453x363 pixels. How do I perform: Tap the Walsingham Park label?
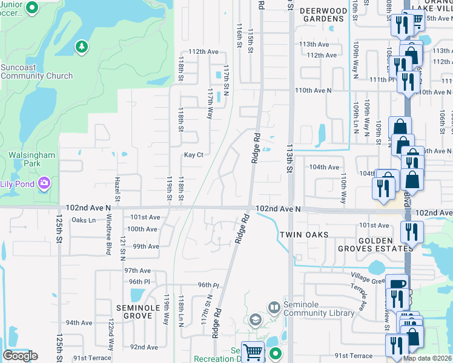pyautogui.click(x=32, y=160)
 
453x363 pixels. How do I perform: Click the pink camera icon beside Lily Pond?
pyautogui.click(x=44, y=183)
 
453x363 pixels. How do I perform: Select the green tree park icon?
pyautogui.click(x=81, y=47)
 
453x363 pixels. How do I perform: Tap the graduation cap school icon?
pyautogui.click(x=255, y=320)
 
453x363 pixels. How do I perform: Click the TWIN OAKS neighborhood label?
pyautogui.click(x=304, y=235)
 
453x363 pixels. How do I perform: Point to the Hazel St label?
pyautogui.click(x=117, y=189)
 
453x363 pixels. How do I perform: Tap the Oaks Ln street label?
pyautogui.click(x=84, y=220)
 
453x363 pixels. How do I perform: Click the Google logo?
pyautogui.click(x=20, y=356)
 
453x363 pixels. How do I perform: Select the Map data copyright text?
pyautogui.click(x=427, y=359)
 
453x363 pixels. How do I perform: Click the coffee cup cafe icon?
pyautogui.click(x=397, y=285)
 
